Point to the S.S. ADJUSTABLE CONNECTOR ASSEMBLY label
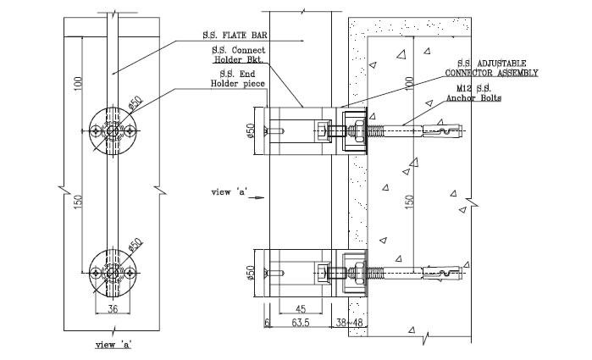coord(492,69)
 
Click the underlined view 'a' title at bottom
coord(113,346)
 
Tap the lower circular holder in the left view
coord(110,271)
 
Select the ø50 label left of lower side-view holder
coord(250,273)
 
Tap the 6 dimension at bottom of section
coord(265,323)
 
